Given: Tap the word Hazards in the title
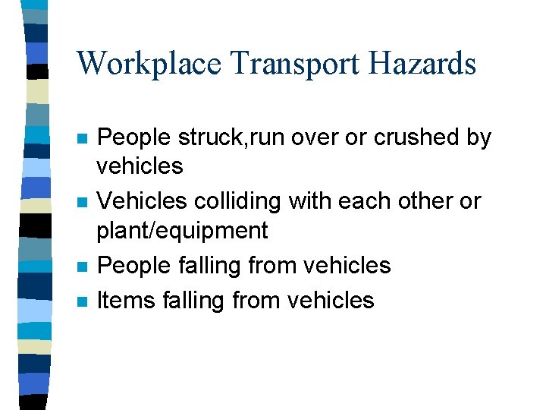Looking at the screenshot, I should point(423,64).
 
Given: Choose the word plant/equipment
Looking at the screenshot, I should point(183,231).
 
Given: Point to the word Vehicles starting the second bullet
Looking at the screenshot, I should point(142,202).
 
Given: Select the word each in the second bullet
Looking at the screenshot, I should point(364,202).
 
